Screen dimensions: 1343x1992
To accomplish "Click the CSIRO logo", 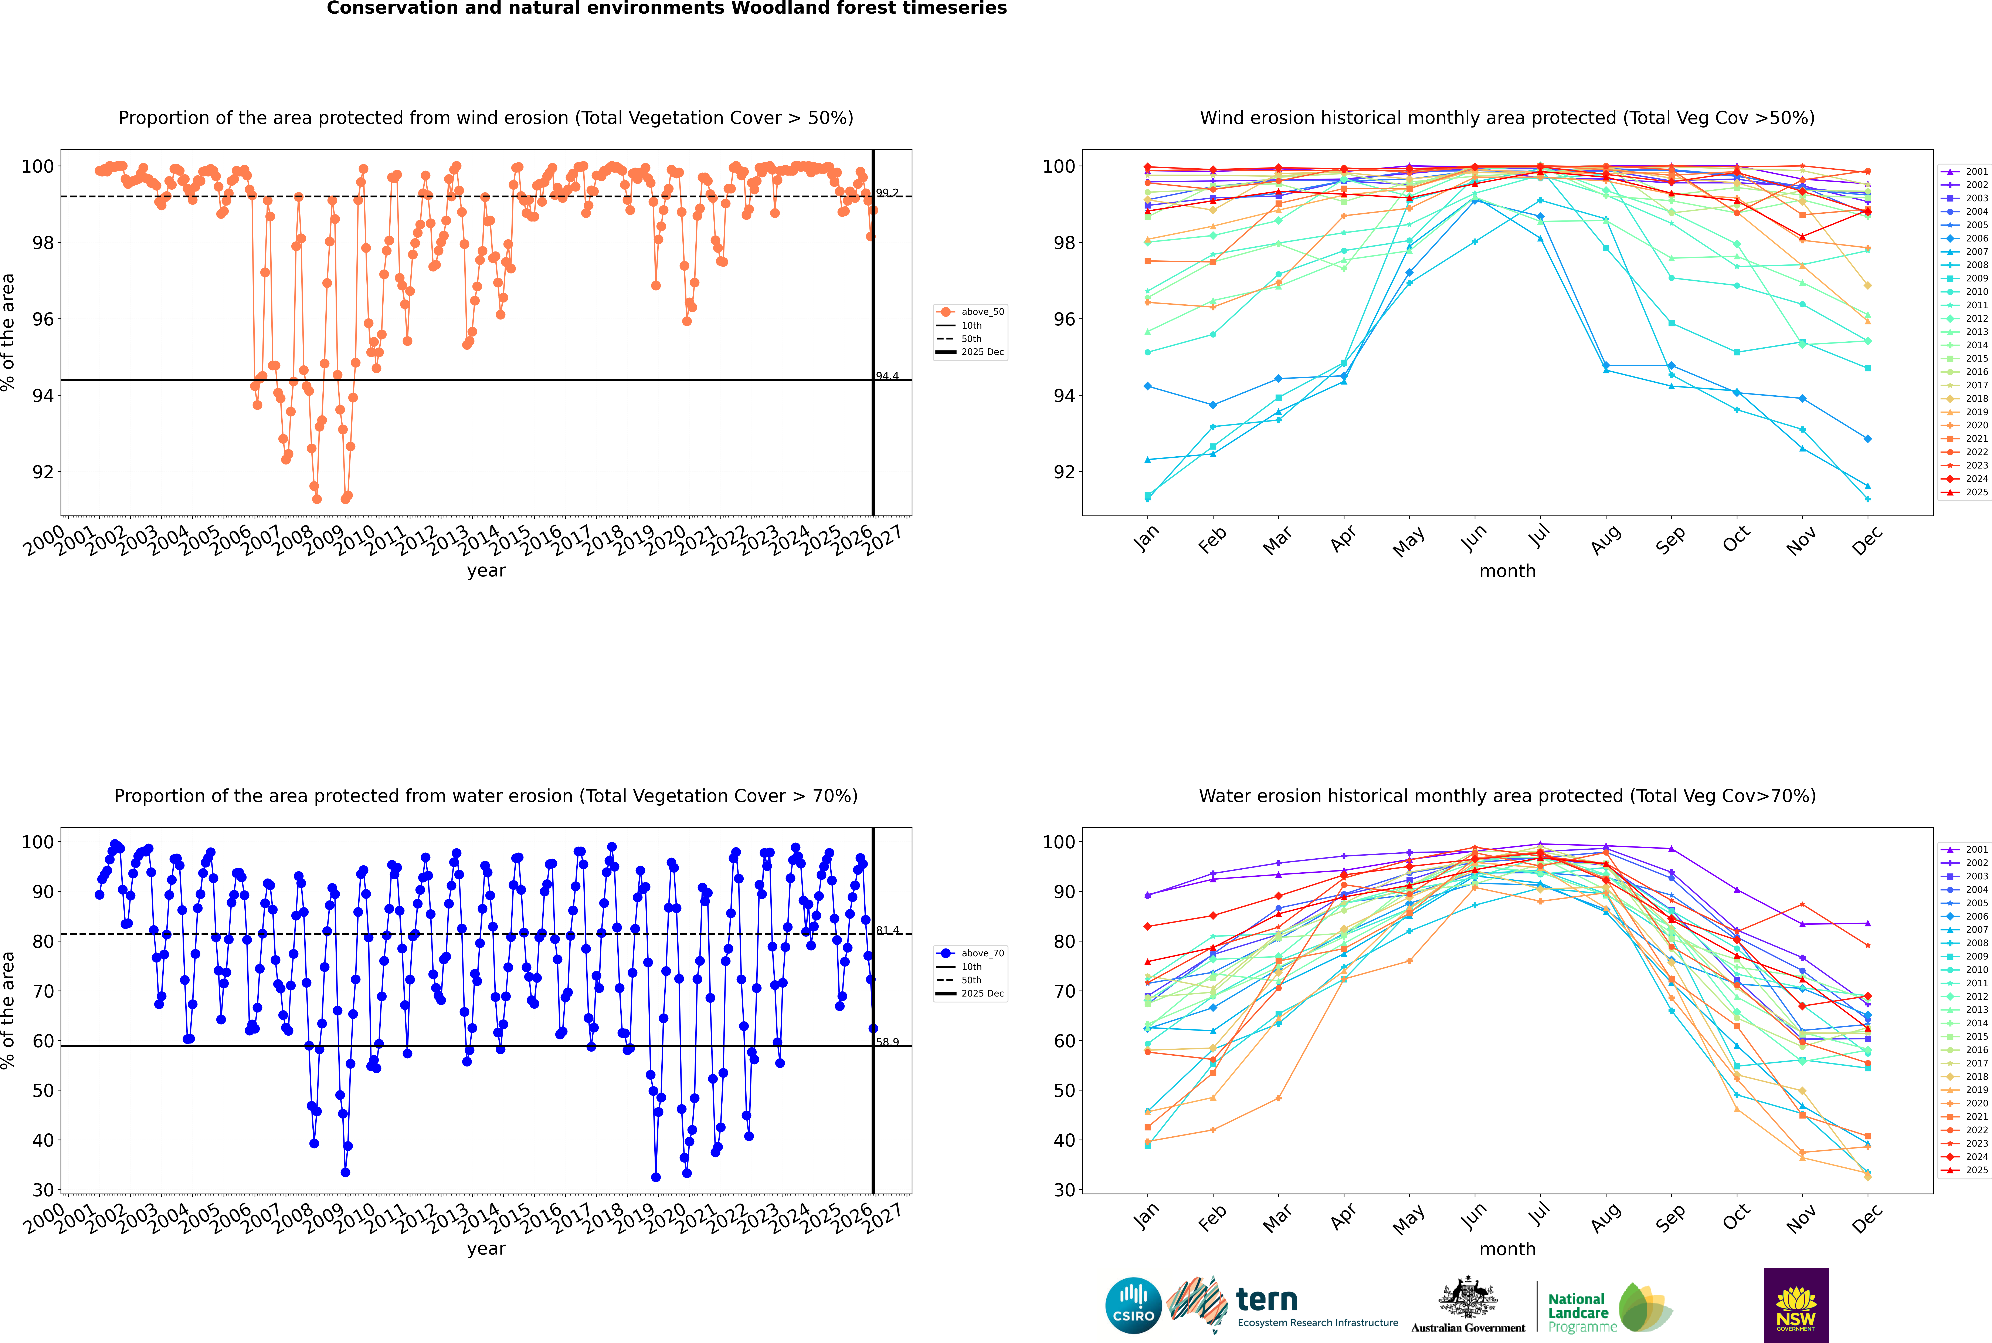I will [x=1133, y=1305].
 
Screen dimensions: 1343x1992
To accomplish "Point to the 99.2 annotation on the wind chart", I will [x=887, y=193].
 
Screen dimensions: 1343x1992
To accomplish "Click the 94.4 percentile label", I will [x=887, y=376].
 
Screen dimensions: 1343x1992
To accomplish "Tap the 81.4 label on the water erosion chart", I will [x=887, y=930].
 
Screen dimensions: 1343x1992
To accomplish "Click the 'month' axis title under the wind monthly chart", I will [x=1507, y=571].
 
